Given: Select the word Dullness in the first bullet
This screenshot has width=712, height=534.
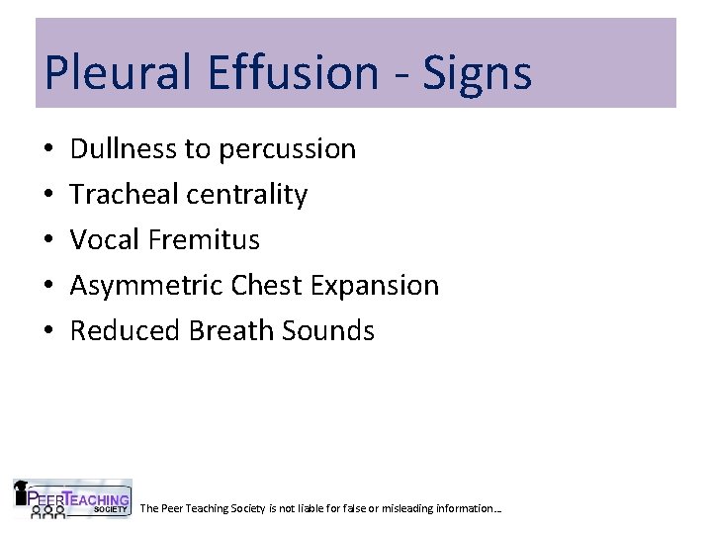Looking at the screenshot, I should click(x=124, y=149).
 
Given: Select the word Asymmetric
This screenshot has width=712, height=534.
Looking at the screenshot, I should click(x=147, y=286).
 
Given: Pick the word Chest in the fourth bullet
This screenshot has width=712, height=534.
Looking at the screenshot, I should click(x=268, y=286).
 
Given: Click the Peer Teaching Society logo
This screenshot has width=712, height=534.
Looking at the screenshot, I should click(x=72, y=498).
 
